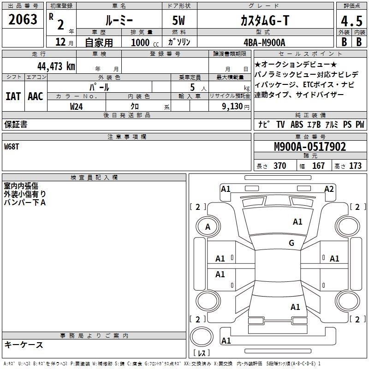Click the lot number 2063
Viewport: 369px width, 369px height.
(23, 19)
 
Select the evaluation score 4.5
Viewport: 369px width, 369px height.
(351, 21)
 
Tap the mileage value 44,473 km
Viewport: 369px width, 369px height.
(56, 66)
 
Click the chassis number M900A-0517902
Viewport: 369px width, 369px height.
(310, 147)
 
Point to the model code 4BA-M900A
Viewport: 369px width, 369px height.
(264, 42)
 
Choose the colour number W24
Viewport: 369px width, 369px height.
(76, 107)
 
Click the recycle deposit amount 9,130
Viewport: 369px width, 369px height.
(232, 107)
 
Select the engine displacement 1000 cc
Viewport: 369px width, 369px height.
(145, 42)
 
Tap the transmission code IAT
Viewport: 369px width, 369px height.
(13, 96)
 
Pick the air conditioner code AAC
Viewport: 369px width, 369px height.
(36, 96)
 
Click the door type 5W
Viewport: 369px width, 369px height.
(179, 20)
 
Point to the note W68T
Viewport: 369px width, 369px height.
(12, 147)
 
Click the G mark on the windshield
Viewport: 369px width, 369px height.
(292, 243)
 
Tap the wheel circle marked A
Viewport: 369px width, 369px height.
(208, 226)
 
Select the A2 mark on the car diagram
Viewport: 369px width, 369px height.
(329, 189)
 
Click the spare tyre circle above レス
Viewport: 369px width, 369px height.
(202, 336)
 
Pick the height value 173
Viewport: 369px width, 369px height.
(355, 166)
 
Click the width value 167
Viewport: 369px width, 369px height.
(318, 166)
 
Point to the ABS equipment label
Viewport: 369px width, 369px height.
(297, 125)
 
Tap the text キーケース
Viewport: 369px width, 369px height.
(24, 345)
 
